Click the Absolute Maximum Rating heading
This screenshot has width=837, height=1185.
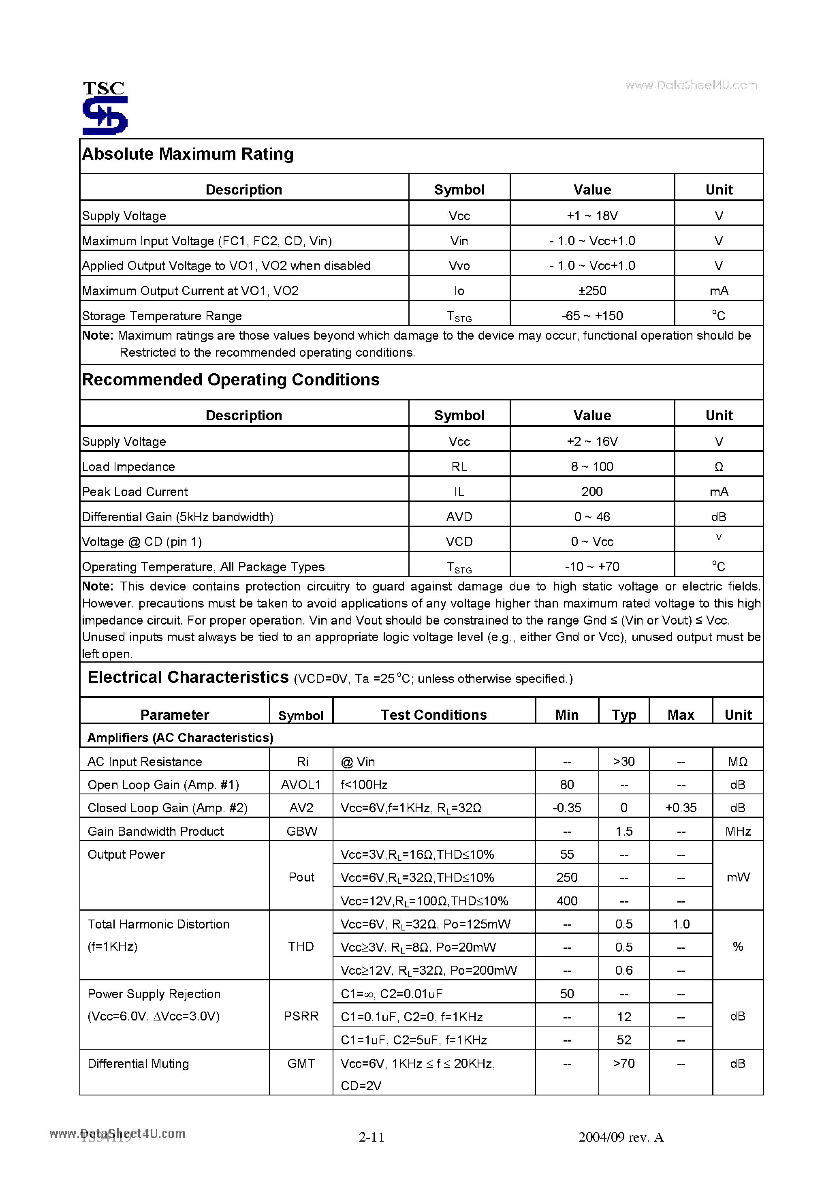(x=188, y=154)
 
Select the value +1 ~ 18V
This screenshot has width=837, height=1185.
(x=592, y=216)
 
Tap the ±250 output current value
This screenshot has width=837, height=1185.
(x=592, y=291)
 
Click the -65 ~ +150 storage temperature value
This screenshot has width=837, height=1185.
(x=592, y=316)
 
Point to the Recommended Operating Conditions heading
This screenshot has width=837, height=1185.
(x=231, y=380)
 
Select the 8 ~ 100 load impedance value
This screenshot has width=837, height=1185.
(x=592, y=466)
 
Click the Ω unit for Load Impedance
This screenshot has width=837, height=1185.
(x=718, y=466)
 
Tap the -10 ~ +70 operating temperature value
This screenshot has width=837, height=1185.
(x=592, y=567)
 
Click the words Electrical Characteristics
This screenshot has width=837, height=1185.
(x=188, y=677)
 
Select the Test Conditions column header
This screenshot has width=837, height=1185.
(x=433, y=715)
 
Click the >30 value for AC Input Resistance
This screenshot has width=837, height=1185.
(x=623, y=762)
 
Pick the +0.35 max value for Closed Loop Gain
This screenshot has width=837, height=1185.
(x=681, y=808)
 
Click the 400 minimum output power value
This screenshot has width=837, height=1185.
(x=567, y=901)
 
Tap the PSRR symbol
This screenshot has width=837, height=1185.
(x=301, y=1016)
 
